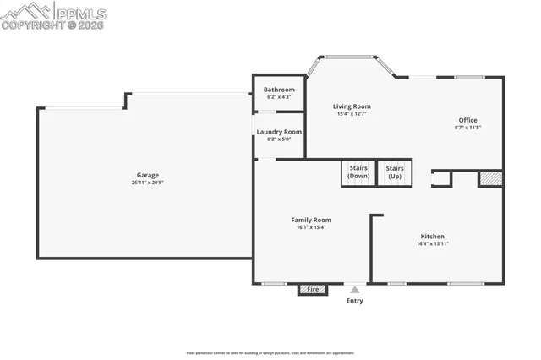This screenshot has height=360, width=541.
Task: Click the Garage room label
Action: click(147, 175)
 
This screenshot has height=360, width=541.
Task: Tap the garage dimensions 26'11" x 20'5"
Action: click(147, 183)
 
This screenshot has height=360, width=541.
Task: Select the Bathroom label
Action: click(279, 90)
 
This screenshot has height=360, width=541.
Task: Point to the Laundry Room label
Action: click(279, 132)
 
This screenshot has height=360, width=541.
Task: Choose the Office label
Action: click(468, 120)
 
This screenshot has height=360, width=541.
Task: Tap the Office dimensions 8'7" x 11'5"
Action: click(468, 128)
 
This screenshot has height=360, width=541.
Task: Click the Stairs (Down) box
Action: click(358, 172)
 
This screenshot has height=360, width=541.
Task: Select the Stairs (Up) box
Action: click(395, 172)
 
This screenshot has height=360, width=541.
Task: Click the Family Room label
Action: click(311, 220)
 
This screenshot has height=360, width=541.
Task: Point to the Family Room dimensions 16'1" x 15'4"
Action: click(311, 227)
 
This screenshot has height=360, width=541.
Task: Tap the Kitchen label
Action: click(433, 236)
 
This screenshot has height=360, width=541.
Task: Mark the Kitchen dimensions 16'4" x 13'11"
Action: click(433, 243)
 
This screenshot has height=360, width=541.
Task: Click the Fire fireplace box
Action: click(313, 290)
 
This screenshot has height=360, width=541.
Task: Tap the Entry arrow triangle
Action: click(355, 290)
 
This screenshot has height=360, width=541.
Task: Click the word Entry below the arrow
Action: click(355, 301)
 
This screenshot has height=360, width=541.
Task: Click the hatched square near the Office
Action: click(490, 178)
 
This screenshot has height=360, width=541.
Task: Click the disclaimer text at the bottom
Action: click(270, 353)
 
